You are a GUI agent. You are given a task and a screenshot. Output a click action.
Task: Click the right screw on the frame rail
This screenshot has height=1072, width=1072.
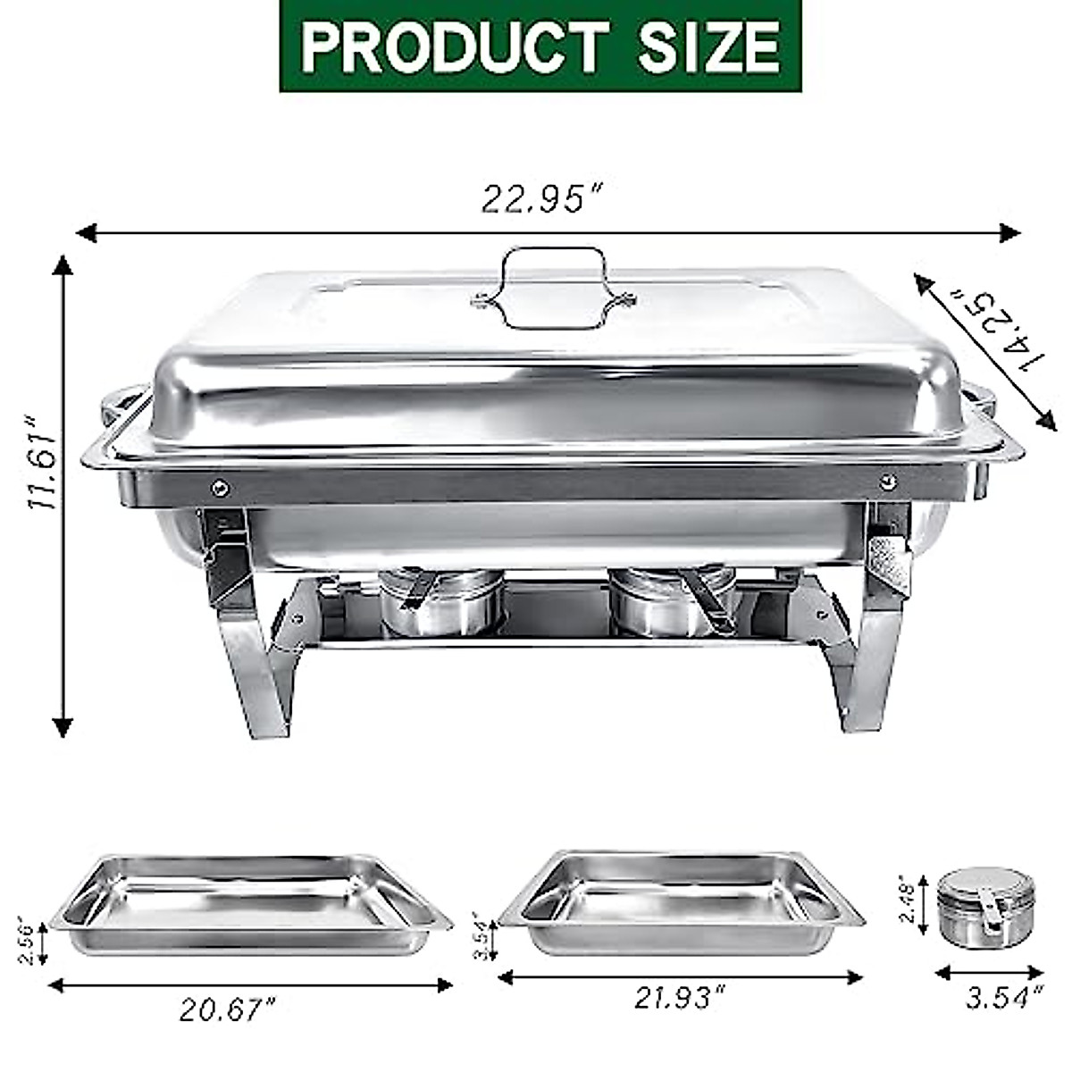click(887, 481)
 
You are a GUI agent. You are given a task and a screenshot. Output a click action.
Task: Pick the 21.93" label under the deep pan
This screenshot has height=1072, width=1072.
click(680, 998)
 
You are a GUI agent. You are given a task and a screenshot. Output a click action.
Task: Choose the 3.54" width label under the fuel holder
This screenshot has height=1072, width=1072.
click(1003, 996)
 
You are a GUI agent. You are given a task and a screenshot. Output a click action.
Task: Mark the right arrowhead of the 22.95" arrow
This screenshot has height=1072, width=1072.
click(1010, 233)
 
